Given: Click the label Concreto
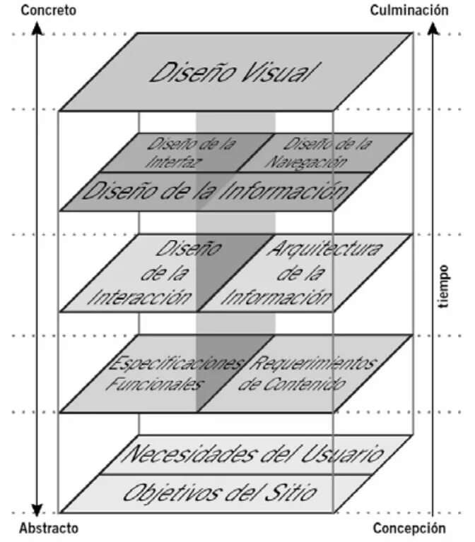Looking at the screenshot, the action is pos(49,11).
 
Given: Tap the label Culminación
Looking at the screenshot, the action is pos(409,10).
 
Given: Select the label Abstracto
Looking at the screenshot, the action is pos(49,528).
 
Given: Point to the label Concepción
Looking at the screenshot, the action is pos(409,528).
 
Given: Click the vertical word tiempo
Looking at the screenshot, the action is pos(443,287).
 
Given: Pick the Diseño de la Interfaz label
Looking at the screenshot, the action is pos(191,152).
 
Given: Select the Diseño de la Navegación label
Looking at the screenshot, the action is pos(319,152).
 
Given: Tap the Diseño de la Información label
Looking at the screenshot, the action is pos(216,191).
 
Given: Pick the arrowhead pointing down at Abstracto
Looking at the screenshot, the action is pos(37,510).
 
